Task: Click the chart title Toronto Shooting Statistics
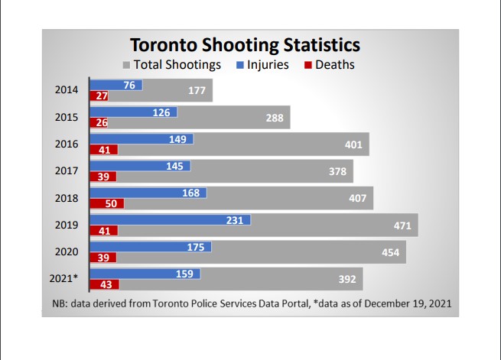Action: point(245,44)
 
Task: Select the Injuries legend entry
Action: point(267,65)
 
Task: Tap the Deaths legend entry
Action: point(334,65)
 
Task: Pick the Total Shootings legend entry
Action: point(177,65)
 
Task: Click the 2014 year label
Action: point(67,90)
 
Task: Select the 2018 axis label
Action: point(67,197)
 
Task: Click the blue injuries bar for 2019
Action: point(171,220)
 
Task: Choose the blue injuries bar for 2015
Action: point(134,112)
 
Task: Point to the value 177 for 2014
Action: point(197,91)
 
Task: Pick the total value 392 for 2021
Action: point(347,279)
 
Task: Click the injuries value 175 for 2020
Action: point(195,247)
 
